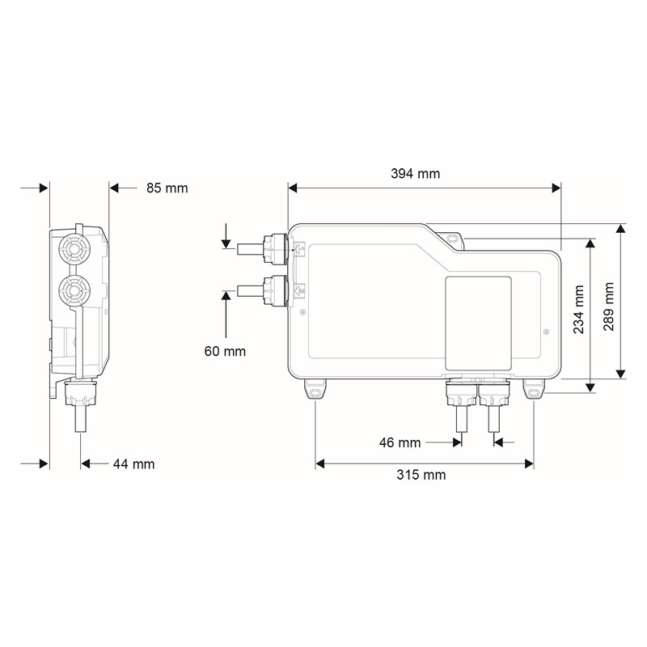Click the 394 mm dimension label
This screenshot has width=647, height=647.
416,174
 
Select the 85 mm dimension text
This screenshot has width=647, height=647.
167,188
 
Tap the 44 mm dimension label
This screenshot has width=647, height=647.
133,464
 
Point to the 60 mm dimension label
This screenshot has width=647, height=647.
225,351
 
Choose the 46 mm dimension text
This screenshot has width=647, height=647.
400,442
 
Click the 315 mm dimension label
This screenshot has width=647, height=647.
425,475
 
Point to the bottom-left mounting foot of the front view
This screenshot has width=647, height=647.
315,391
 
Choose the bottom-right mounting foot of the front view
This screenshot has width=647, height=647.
534,391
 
